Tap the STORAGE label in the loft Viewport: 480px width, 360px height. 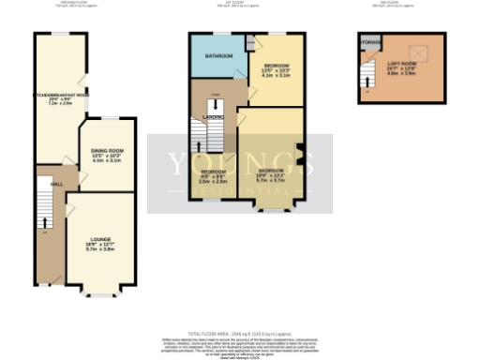pos(370,42)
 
